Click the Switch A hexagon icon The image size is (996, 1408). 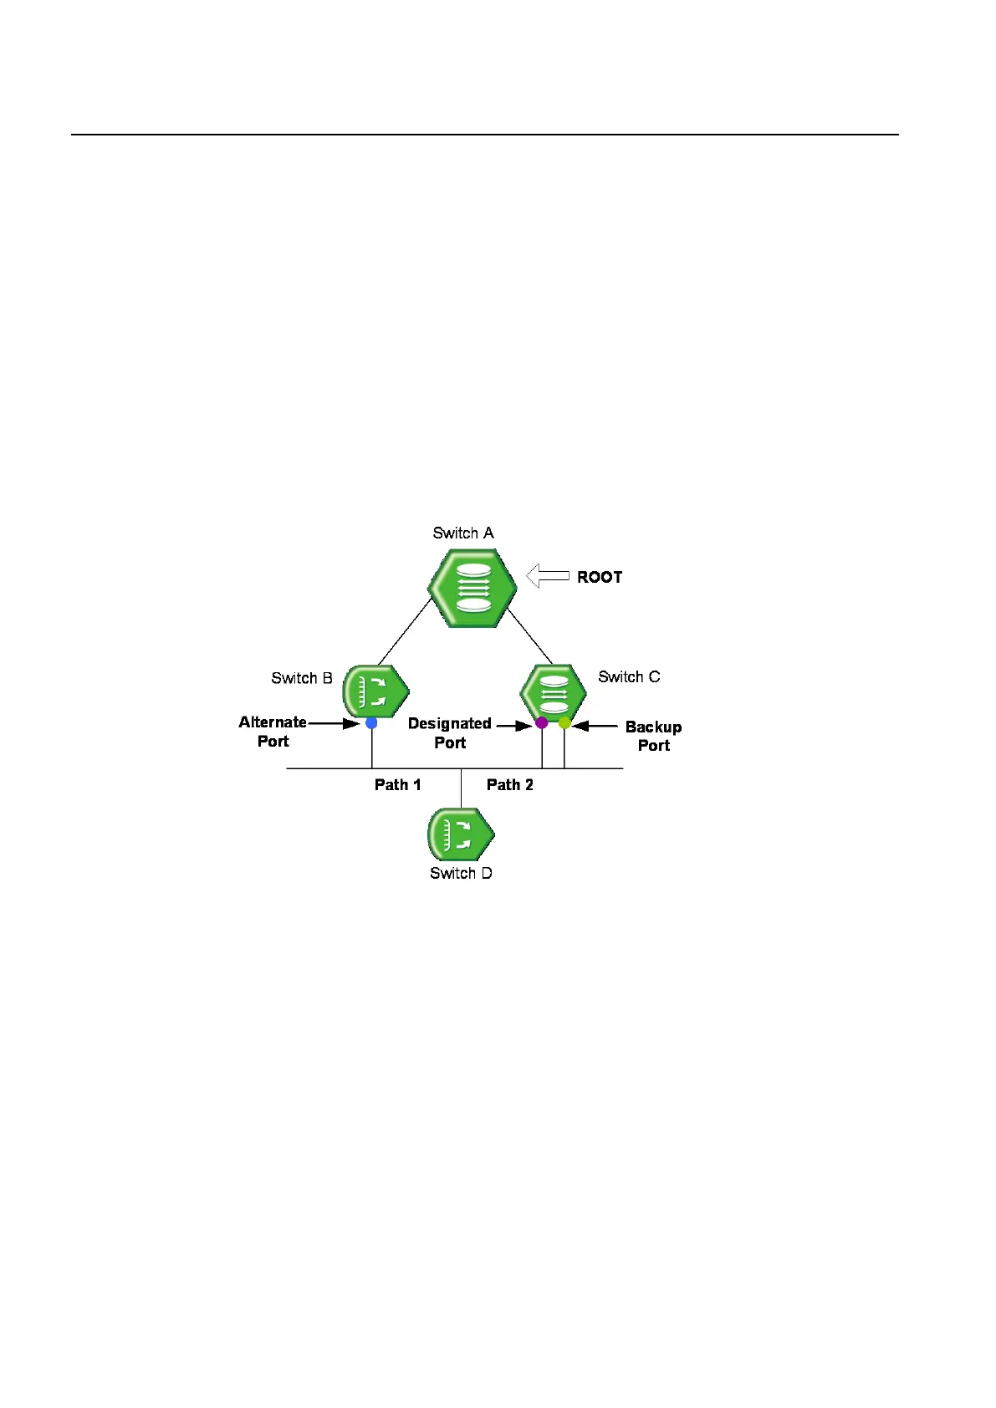[472, 588]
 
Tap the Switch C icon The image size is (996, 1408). [553, 692]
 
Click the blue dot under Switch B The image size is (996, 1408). [371, 723]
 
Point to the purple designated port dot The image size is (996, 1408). [541, 722]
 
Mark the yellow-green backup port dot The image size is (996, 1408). [564, 722]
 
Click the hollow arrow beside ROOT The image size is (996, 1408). [548, 576]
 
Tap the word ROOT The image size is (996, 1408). [600, 577]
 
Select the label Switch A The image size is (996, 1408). [463, 533]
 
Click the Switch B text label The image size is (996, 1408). [302, 678]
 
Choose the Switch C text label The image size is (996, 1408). [629, 676]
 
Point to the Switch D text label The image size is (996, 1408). [461, 873]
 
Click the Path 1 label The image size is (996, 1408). [398, 784]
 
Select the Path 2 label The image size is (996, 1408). [510, 784]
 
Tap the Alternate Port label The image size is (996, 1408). [273, 732]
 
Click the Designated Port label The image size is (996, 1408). [450, 732]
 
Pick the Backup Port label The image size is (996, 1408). [653, 736]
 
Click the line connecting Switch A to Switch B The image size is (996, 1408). [405, 631]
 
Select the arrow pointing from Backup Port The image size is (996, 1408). [595, 726]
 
